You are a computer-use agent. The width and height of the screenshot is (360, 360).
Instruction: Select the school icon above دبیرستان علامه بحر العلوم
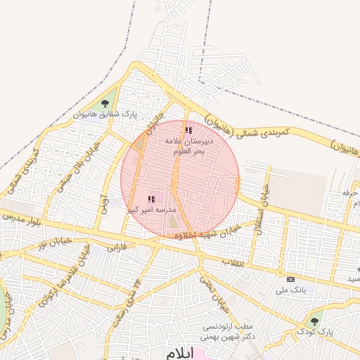point(188,130)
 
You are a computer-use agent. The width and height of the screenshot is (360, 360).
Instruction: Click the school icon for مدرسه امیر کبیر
point(151,199)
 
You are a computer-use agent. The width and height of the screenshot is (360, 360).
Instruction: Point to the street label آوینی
point(103,204)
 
